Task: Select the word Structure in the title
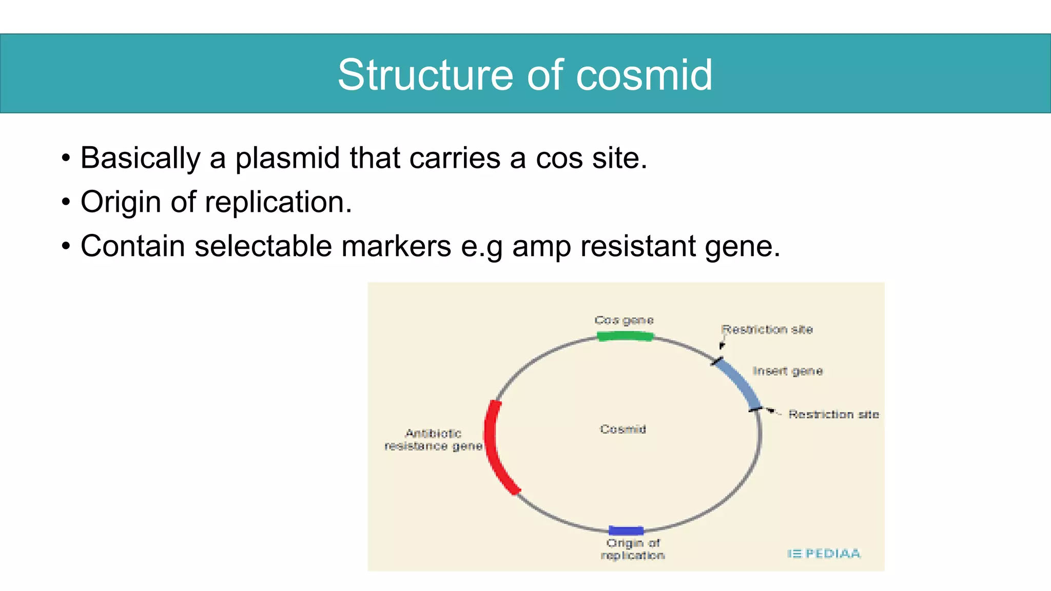(x=425, y=75)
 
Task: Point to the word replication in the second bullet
(x=278, y=202)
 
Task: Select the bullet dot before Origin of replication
(x=66, y=202)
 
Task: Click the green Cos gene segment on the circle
(x=625, y=337)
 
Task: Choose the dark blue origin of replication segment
(x=626, y=530)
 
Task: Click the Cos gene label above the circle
(x=624, y=321)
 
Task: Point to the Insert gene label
(x=787, y=371)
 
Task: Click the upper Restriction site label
(x=767, y=329)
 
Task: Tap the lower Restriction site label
(x=833, y=414)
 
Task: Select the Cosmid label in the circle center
(x=622, y=429)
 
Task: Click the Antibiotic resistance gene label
(x=433, y=440)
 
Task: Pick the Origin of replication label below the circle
(x=633, y=549)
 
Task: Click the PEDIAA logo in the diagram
(x=824, y=554)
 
